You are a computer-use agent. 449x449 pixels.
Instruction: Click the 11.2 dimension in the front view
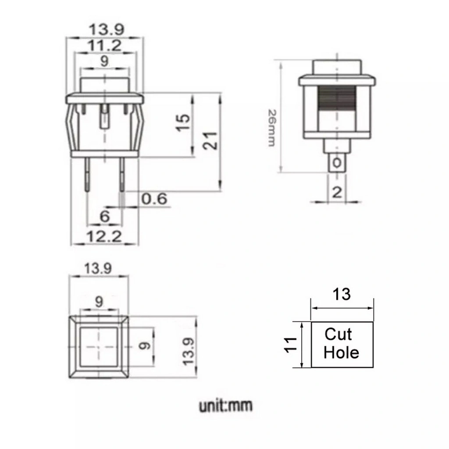click(104, 45)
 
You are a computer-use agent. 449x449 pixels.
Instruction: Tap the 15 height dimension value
click(183, 123)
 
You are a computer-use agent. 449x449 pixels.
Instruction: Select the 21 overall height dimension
click(210, 141)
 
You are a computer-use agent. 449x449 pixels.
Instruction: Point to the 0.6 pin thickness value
click(154, 199)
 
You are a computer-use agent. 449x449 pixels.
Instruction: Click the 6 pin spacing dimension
click(105, 216)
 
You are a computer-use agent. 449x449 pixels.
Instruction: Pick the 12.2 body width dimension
click(104, 236)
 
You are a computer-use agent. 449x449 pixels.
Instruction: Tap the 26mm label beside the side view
click(272, 128)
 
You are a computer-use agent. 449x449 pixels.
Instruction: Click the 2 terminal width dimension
click(337, 192)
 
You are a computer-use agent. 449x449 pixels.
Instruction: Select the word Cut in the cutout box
click(338, 334)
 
